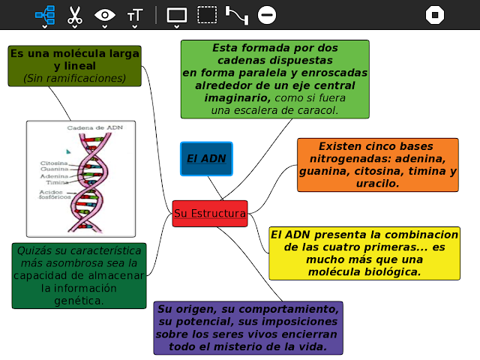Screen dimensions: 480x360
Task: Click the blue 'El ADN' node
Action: (x=206, y=159)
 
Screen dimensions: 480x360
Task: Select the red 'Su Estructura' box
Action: (x=209, y=214)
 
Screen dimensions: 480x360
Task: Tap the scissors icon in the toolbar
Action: (x=74, y=14)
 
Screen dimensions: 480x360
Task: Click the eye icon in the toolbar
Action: (x=105, y=14)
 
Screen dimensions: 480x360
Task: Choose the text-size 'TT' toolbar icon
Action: (x=135, y=14)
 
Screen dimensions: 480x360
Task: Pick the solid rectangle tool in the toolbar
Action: (x=176, y=14)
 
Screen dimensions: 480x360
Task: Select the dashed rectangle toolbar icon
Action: (x=207, y=14)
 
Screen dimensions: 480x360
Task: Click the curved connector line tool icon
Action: (x=237, y=14)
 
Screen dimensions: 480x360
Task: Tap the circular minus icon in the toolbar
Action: (x=266, y=14)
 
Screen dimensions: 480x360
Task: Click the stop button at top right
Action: (x=435, y=14)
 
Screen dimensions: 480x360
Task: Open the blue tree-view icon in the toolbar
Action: (x=44, y=14)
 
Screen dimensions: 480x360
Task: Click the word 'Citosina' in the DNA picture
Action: (x=54, y=163)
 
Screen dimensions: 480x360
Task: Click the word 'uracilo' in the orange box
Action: (x=376, y=182)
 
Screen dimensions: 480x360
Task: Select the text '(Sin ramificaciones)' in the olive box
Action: (x=74, y=78)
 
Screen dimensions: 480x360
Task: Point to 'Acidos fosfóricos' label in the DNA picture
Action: (x=55, y=195)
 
